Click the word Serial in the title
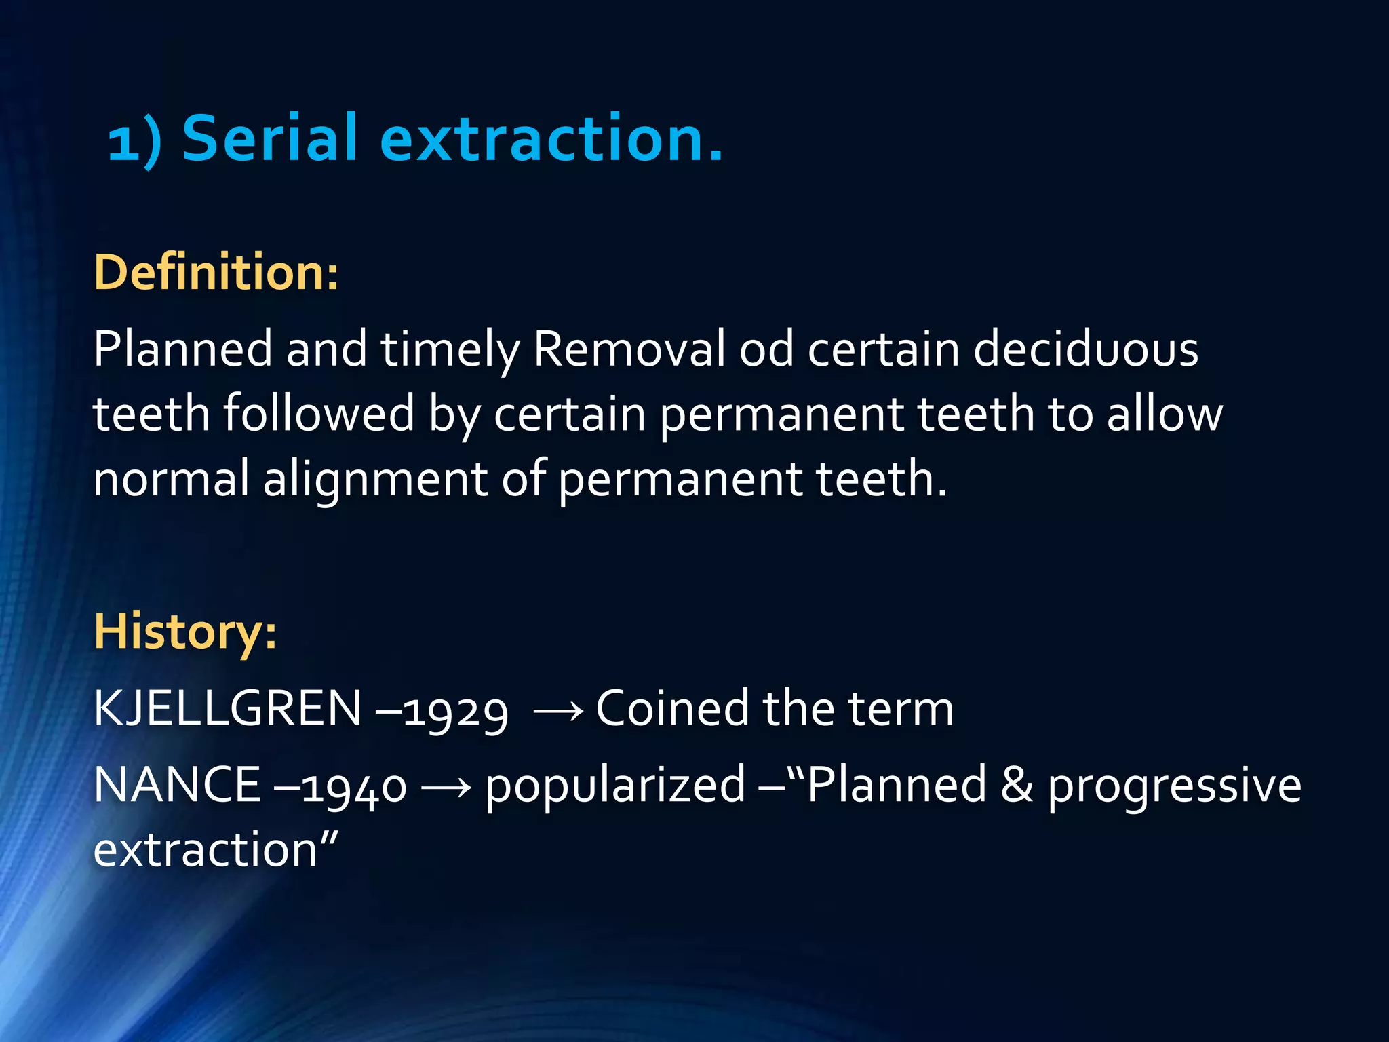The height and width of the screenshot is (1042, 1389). pyautogui.click(x=269, y=138)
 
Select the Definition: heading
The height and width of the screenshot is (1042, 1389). pyautogui.click(x=216, y=272)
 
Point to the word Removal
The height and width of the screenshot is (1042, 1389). pyautogui.click(x=629, y=349)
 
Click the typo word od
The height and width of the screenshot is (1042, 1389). pyautogui.click(x=766, y=349)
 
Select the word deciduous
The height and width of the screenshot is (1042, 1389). pyautogui.click(x=1085, y=349)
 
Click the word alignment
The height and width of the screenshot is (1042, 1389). pyautogui.click(x=374, y=478)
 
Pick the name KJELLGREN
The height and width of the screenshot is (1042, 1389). pyautogui.click(x=227, y=708)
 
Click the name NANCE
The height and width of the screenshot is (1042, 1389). pyautogui.click(x=177, y=785)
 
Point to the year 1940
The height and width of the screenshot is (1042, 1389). pyautogui.click(x=354, y=787)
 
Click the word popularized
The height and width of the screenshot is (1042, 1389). pyautogui.click(x=615, y=786)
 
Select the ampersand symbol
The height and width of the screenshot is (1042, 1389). pyautogui.click(x=1017, y=785)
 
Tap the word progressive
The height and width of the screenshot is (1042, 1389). pyautogui.click(x=1174, y=786)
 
